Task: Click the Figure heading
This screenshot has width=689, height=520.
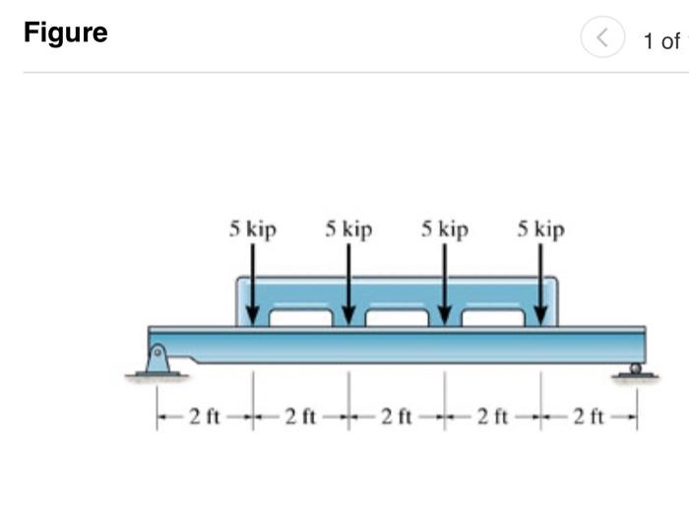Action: (x=65, y=33)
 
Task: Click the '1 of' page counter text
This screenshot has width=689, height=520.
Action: (x=660, y=41)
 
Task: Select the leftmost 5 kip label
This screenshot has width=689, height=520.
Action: (x=253, y=229)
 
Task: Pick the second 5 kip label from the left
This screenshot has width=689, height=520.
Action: (x=348, y=229)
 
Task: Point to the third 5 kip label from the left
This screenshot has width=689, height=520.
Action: (x=445, y=229)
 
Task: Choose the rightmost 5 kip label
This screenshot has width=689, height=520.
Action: (x=540, y=229)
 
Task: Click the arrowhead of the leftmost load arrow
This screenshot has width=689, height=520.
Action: (x=253, y=315)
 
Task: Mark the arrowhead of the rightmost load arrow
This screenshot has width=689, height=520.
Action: (x=540, y=315)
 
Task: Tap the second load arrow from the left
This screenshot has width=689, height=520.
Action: (x=348, y=281)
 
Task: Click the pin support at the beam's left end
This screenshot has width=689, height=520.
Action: (x=157, y=359)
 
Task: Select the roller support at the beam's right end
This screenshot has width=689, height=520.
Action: (x=636, y=369)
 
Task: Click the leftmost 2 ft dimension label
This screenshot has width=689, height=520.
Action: (x=205, y=418)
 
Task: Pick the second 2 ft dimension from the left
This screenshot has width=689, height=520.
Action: (x=300, y=418)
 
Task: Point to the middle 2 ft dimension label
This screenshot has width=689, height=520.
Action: (x=397, y=418)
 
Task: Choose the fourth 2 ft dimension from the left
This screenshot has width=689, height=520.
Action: (x=492, y=418)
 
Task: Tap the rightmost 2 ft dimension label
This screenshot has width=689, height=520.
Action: (x=589, y=418)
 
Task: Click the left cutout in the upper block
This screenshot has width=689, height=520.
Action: (x=300, y=317)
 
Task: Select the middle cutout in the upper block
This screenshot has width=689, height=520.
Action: (x=397, y=317)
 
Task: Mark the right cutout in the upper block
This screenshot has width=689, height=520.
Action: (x=492, y=317)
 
